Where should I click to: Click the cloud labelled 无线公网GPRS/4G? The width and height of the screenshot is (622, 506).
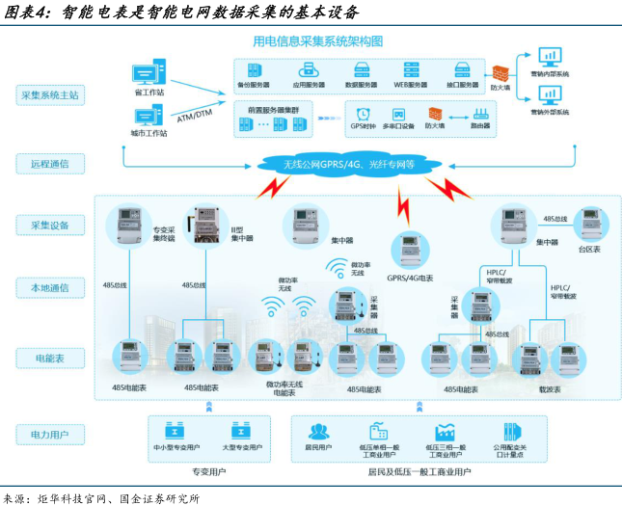tap(347, 165)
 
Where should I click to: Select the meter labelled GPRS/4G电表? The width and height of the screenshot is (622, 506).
tap(409, 250)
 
